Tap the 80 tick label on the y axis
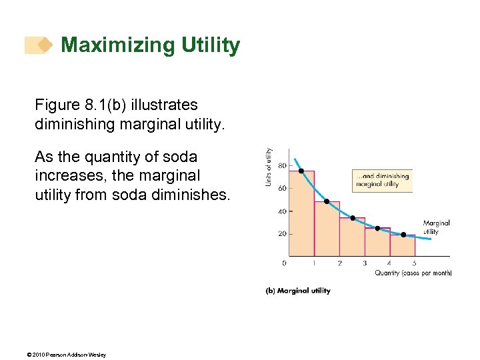(282, 165)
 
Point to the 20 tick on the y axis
(282, 234)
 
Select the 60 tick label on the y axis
(282, 189)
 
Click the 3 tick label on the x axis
(365, 263)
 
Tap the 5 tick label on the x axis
(414, 263)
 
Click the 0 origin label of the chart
(284, 263)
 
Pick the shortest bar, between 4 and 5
(403, 245)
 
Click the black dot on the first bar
(301, 171)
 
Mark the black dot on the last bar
(403, 235)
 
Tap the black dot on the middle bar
(353, 218)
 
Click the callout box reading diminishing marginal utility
(382, 180)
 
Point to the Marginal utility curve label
(436, 227)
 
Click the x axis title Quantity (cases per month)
(413, 273)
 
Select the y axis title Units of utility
(269, 167)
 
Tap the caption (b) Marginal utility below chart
(298, 291)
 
